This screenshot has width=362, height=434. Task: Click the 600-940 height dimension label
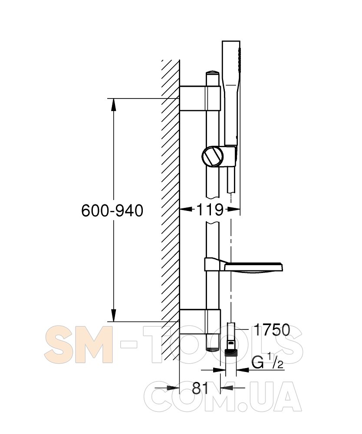112,210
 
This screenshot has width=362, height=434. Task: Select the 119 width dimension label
210,210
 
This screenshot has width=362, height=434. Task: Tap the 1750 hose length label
272,330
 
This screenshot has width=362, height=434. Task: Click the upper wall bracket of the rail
200,98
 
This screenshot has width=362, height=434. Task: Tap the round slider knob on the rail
213,156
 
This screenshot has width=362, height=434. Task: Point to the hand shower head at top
231,91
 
